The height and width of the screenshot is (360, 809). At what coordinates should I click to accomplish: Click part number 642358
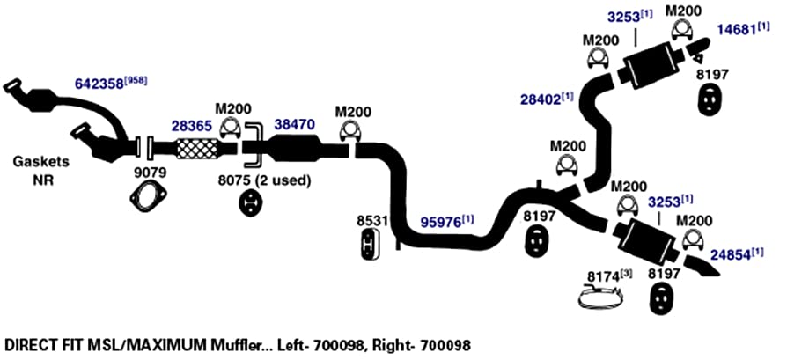tap(99, 84)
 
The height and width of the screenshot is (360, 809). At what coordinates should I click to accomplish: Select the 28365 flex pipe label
tap(191, 126)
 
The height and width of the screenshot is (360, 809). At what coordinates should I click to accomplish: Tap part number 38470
tap(294, 124)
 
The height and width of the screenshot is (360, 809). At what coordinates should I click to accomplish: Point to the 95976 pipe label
tap(442, 222)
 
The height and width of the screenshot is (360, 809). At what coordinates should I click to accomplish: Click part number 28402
tap(541, 99)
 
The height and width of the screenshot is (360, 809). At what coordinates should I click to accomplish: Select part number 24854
tap(731, 254)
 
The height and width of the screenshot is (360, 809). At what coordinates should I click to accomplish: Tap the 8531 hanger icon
tap(370, 244)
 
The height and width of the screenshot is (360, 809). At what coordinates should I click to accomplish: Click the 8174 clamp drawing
tap(599, 299)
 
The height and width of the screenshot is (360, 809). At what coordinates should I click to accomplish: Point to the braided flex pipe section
tap(197, 149)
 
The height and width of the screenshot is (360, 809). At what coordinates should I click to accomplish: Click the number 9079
tap(148, 173)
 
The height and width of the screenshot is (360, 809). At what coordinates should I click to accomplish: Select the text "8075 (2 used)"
tap(265, 180)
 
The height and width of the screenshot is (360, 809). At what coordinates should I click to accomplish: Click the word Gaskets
tap(40, 162)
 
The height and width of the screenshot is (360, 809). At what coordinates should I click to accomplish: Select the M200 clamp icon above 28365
tap(231, 128)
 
